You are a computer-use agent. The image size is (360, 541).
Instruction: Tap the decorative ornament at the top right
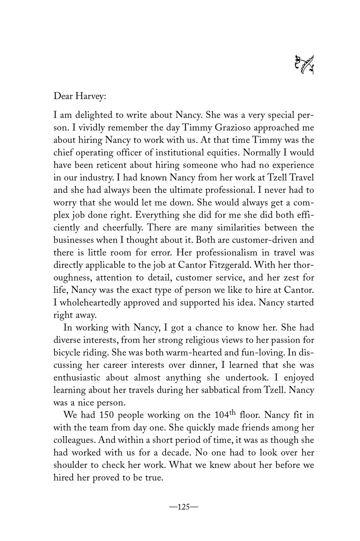(x=304, y=65)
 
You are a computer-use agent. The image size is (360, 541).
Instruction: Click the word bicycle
(x=66, y=352)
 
